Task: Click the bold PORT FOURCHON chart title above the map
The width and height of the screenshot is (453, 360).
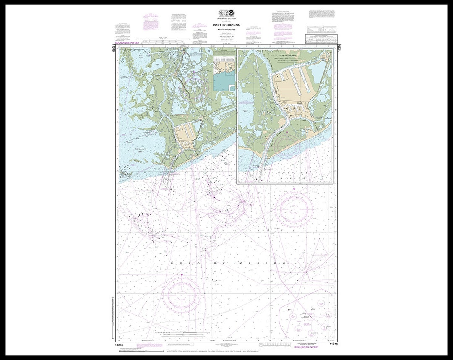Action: click(226, 25)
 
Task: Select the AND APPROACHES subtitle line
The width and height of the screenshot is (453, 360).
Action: click(226, 29)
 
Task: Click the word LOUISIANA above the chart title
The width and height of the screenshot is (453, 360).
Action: click(226, 21)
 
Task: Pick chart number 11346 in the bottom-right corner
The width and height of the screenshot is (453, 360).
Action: click(333, 344)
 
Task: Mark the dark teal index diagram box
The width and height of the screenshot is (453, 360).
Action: click(224, 80)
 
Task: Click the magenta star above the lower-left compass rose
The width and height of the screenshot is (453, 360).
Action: click(182, 275)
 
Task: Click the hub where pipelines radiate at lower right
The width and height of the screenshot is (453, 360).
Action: click(307, 271)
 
